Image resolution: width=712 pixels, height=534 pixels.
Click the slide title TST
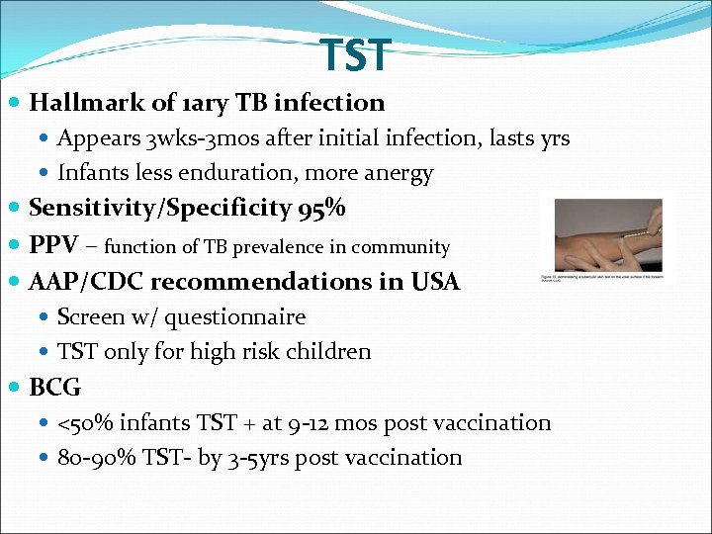(356, 56)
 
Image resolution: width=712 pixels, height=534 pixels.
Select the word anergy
(399, 174)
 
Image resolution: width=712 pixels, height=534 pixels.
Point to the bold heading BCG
(55, 388)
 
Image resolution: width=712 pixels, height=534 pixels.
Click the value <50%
(84, 423)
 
